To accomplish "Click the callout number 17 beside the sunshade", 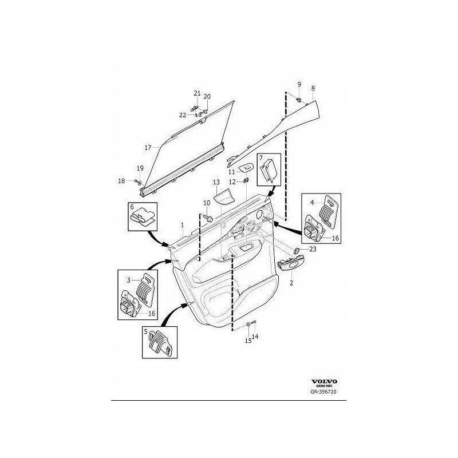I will pos(148,148).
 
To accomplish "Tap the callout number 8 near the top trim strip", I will pos(313,88).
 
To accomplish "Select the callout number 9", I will pos(299,85).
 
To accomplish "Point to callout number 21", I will pos(197,93).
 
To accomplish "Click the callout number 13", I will pos(216,182).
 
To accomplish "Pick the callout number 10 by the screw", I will pos(207,203).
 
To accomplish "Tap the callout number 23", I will pos(313,249).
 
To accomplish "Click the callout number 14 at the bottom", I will pos(255,337).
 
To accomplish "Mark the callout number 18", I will pos(121,181).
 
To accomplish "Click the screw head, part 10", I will pos(209,219).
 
